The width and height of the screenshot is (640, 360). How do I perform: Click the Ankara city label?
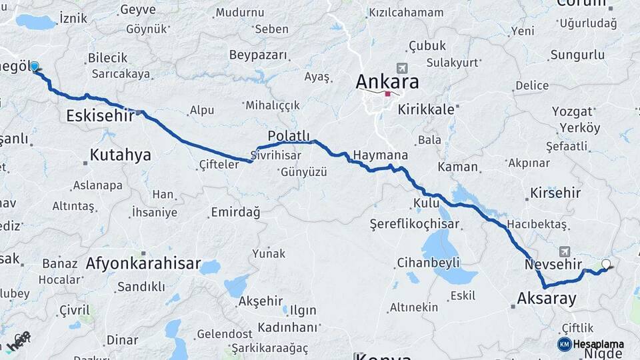tap(387, 82)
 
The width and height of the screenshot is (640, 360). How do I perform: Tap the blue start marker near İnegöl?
tap(34, 67)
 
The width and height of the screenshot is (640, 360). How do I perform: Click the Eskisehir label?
tap(99, 117)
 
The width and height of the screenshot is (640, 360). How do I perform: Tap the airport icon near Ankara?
tap(401, 68)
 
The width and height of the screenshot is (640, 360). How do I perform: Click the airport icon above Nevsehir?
tap(565, 251)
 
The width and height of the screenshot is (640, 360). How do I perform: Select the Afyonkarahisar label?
tap(143, 264)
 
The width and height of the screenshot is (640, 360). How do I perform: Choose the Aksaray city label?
tap(547, 299)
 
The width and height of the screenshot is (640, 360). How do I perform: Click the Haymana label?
tap(380, 155)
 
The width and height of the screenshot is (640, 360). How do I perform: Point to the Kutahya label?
tap(120, 155)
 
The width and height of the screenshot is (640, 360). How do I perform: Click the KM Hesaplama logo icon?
tap(565, 344)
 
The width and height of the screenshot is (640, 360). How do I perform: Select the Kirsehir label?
tap(556, 193)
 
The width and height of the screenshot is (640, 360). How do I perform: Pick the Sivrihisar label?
tap(276, 155)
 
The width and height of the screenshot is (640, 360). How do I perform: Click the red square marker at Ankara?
tap(387, 94)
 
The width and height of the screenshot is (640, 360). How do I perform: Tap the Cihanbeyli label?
tap(428, 262)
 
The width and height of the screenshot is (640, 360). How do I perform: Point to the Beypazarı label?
tap(257, 55)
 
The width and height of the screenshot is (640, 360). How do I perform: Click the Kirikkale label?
tap(426, 109)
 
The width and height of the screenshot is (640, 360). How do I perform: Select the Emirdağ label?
tap(235, 212)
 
